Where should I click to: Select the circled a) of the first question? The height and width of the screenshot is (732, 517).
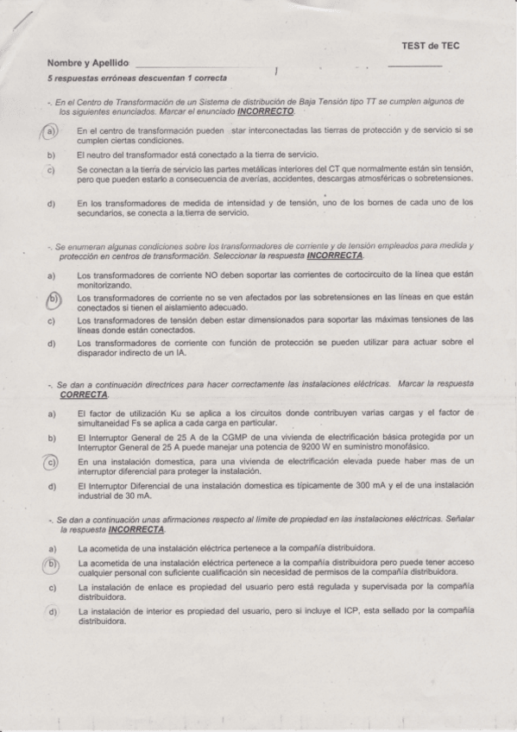[x=51, y=131]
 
